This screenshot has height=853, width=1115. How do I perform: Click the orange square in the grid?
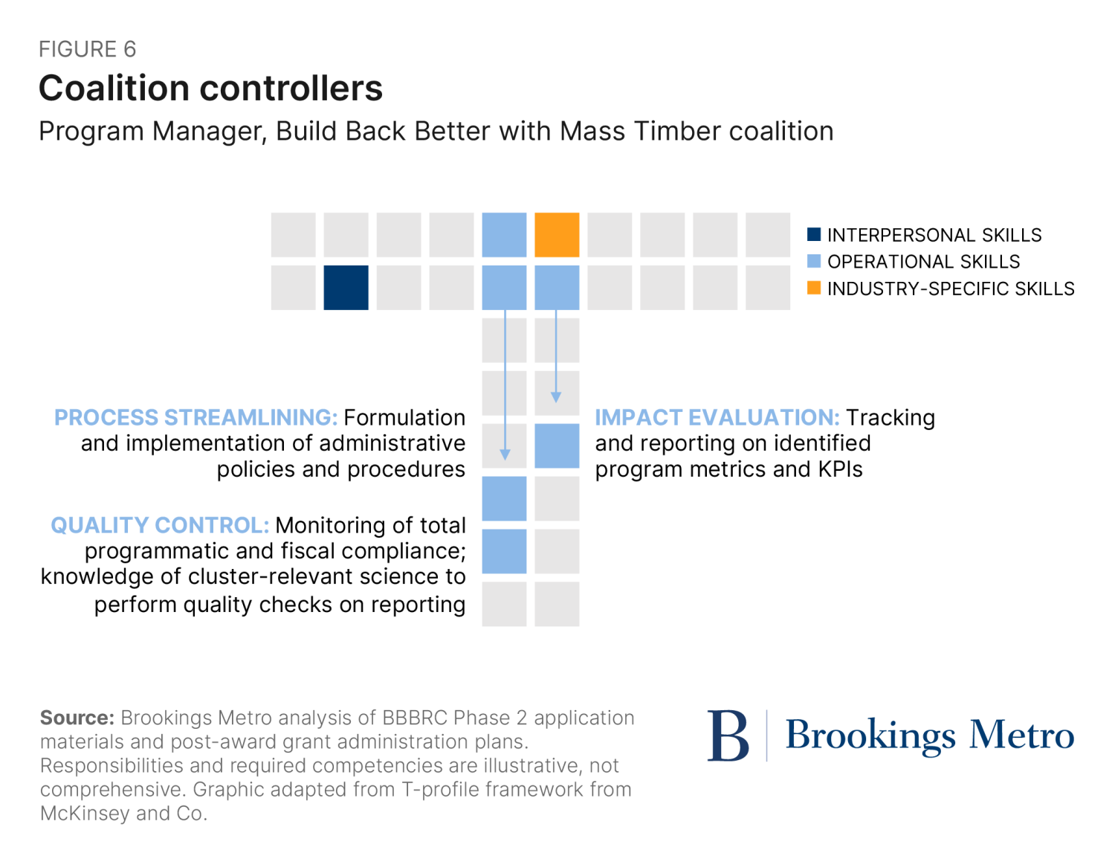click(557, 235)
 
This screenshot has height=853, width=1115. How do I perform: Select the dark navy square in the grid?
click(346, 288)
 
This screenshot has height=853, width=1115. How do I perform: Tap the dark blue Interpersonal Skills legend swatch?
click(814, 235)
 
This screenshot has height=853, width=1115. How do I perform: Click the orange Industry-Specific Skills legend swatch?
click(814, 288)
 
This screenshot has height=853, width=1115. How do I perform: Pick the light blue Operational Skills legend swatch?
click(814, 261)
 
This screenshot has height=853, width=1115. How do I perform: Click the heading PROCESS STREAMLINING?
click(195, 417)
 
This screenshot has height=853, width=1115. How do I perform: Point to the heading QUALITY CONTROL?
click(160, 525)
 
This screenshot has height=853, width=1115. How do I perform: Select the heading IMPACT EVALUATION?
click(717, 417)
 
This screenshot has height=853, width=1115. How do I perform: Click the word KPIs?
click(840, 469)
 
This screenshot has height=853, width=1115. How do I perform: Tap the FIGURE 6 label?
click(88, 49)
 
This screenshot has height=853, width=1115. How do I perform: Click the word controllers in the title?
click(299, 88)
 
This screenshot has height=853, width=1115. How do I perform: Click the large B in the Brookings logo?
click(728, 735)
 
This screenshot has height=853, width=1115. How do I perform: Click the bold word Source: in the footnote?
click(77, 718)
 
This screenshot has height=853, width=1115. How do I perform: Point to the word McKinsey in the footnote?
click(85, 813)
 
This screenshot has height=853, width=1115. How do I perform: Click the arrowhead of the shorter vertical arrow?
click(556, 398)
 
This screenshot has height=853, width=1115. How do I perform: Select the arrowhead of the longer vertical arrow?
click(505, 455)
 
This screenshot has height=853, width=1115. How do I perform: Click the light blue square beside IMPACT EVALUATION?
click(557, 446)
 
